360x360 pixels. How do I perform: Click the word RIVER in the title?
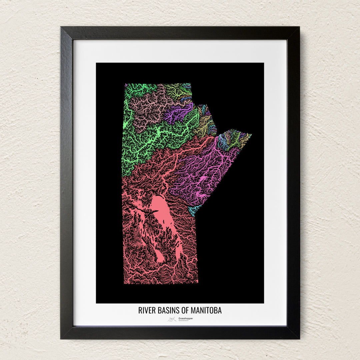coord(146,310)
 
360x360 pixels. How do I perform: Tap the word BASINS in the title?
coord(168,310)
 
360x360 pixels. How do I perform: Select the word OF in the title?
coord(185,310)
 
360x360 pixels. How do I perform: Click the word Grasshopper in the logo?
coord(186,318)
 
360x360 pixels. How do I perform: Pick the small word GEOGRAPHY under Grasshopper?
coord(184,321)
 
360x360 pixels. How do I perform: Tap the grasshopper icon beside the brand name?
coord(172,319)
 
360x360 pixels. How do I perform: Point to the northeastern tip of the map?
coord(251,135)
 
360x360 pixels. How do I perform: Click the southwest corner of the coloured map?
coord(124,283)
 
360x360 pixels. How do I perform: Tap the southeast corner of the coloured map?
coord(198,283)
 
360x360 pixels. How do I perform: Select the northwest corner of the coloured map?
coord(125,84)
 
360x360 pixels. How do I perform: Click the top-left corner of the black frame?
coord(61,27)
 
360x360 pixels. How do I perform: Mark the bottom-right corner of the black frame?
coord(299,338)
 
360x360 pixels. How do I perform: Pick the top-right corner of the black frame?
coord(299,27)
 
